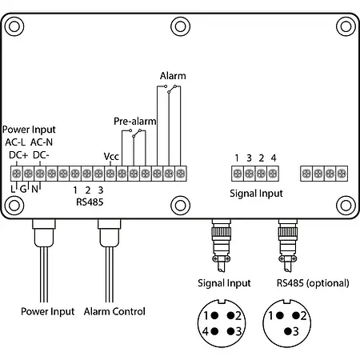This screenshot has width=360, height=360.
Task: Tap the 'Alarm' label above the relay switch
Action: tap(172, 76)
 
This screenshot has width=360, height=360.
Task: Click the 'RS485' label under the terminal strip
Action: tap(88, 202)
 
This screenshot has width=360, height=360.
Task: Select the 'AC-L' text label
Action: tap(18, 142)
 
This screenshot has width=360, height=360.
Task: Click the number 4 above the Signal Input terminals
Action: tap(274, 157)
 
